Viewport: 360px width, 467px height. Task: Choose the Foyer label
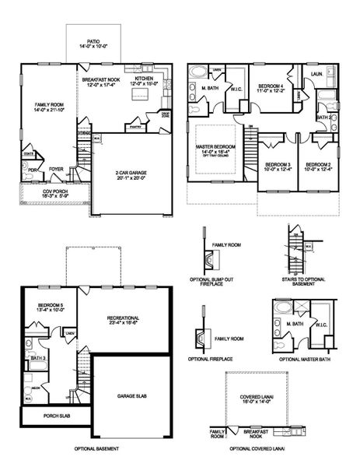coord(56,168)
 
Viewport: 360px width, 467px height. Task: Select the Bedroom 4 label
coord(269,86)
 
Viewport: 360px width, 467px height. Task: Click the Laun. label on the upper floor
coord(316,75)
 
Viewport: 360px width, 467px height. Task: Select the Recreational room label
coord(124,318)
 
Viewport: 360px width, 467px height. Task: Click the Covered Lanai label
coord(256,399)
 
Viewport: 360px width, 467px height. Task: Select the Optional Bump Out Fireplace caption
coord(211,283)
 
